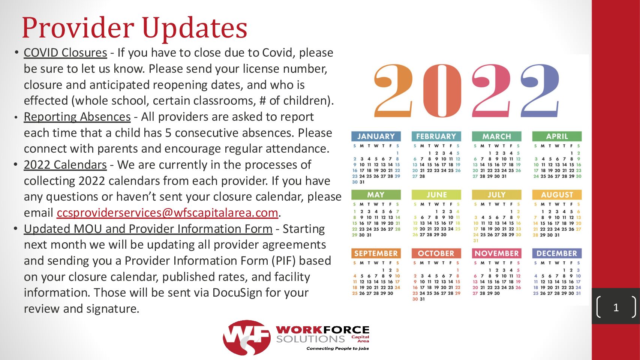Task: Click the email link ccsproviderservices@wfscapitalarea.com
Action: [x=168, y=213]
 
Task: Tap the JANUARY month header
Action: [x=376, y=136]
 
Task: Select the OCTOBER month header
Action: [x=436, y=253]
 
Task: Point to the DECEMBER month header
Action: [x=557, y=253]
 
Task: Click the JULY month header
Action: [x=496, y=195]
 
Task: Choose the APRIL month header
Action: [x=557, y=136]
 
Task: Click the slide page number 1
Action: [x=616, y=307]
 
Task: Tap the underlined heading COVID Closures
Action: [x=66, y=53]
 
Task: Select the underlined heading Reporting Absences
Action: [x=77, y=117]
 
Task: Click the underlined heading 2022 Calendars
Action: [x=65, y=165]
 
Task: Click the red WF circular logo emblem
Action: [x=247, y=337]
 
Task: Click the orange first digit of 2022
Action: [x=393, y=91]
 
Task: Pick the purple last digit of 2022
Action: [x=540, y=91]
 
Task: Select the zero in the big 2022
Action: [x=442, y=91]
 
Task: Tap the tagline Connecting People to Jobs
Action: [x=337, y=348]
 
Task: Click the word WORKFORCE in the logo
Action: [x=322, y=330]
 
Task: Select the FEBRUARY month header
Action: [x=436, y=136]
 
